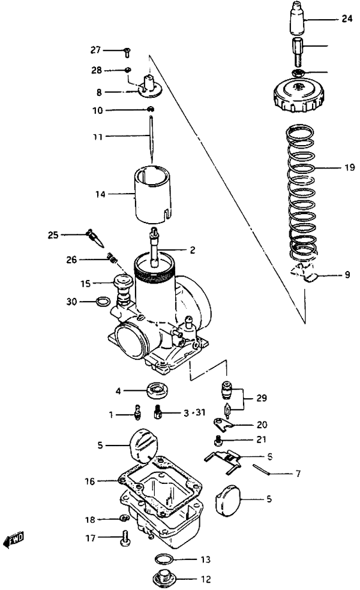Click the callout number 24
pyautogui.click(x=347, y=18)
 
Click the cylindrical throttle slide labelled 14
pyautogui.click(x=152, y=194)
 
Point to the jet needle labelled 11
pyautogui.click(x=151, y=139)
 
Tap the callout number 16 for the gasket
pyautogui.click(x=89, y=481)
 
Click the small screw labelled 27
pyautogui.click(x=127, y=52)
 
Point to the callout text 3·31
pyautogui.click(x=194, y=413)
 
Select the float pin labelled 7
pyautogui.click(x=261, y=469)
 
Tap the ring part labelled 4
pyautogui.click(x=157, y=390)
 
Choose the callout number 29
pyautogui.click(x=262, y=398)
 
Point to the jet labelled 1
pyautogui.click(x=138, y=412)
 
